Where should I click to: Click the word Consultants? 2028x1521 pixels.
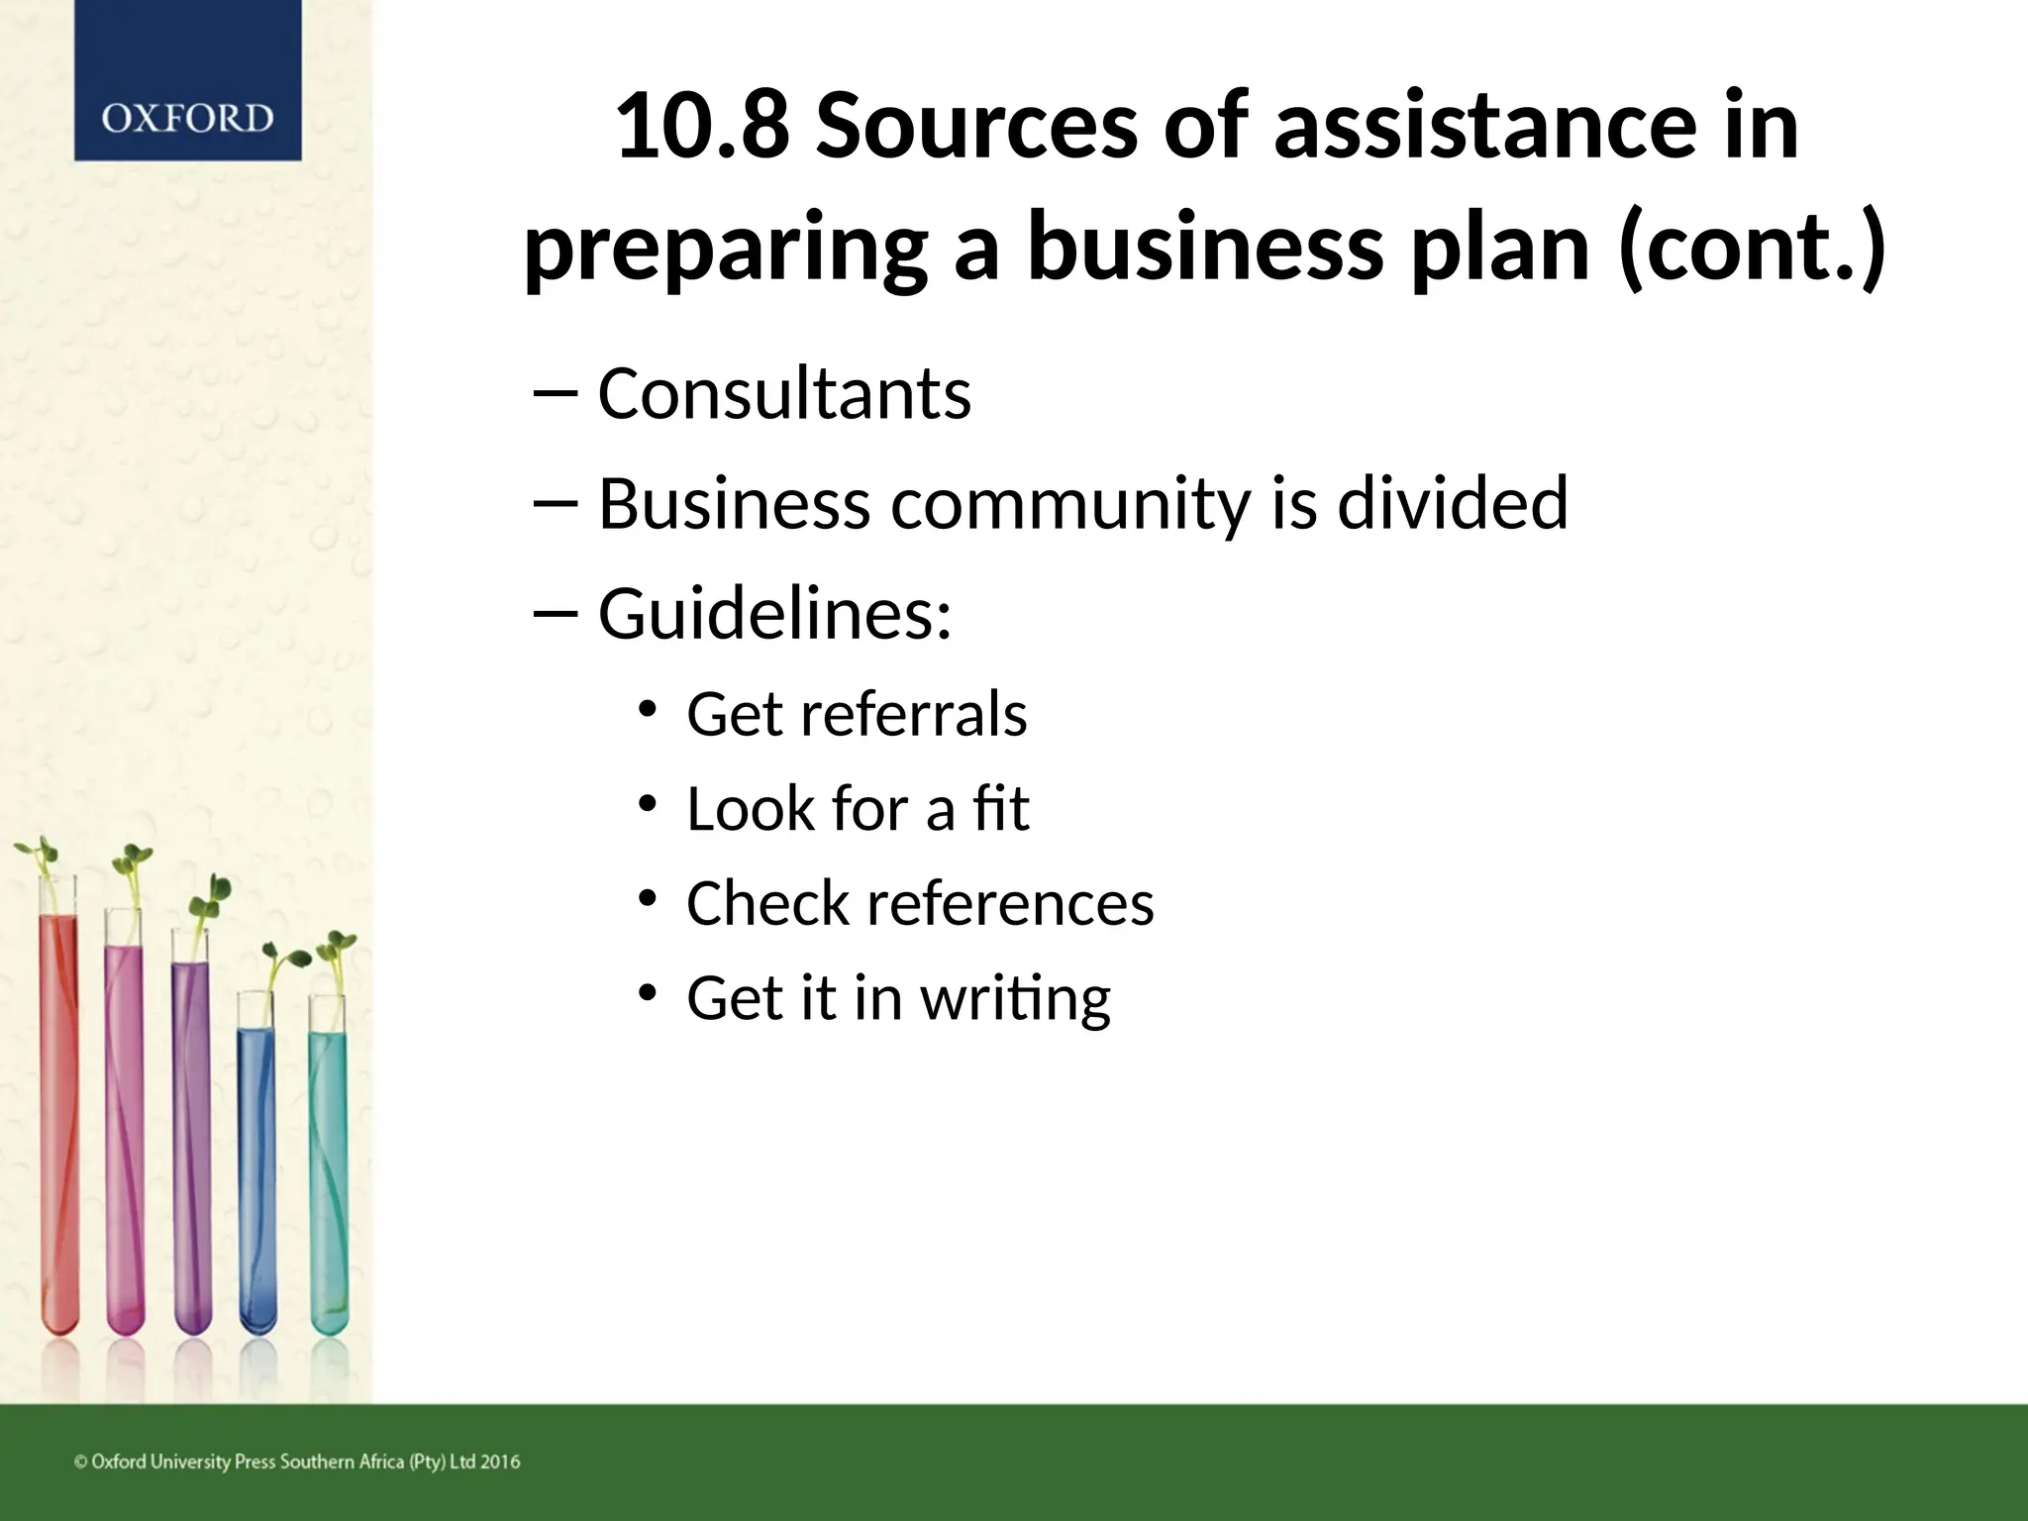(x=784, y=394)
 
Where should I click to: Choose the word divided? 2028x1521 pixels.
(x=1453, y=503)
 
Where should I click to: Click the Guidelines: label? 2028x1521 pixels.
(x=775, y=614)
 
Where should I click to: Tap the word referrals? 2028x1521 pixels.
(x=914, y=714)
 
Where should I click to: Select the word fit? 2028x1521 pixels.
(x=1001, y=809)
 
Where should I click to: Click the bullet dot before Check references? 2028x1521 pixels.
(x=648, y=899)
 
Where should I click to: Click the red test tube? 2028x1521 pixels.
(x=58, y=1119)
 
